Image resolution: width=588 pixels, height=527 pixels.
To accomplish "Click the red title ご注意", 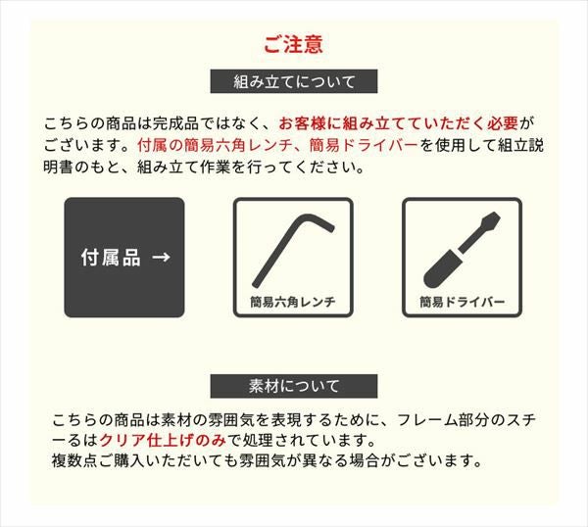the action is pyautogui.click(x=293, y=44).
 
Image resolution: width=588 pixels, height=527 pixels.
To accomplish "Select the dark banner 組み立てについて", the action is pyautogui.click(x=294, y=81).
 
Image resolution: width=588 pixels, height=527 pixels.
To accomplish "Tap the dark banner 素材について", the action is pyautogui.click(x=294, y=386).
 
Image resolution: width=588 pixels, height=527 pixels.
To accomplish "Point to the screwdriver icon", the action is pyautogui.click(x=462, y=250).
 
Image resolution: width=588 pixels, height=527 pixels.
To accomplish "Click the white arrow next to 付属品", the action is pyautogui.click(x=162, y=257).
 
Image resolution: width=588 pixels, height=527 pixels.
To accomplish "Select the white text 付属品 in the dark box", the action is pyautogui.click(x=111, y=257).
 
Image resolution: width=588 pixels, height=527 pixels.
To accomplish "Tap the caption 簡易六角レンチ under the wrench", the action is pyautogui.click(x=293, y=302).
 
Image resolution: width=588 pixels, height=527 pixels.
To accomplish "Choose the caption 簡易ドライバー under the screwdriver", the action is pyautogui.click(x=462, y=302).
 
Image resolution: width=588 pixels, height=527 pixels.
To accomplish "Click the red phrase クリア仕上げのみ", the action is pyautogui.click(x=163, y=440).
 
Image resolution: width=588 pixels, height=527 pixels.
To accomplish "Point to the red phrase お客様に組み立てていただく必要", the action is pyautogui.click(x=398, y=123).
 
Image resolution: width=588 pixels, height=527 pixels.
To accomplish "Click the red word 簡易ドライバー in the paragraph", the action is pyautogui.click(x=364, y=145).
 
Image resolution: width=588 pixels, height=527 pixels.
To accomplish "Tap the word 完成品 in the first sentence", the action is pyautogui.click(x=175, y=123).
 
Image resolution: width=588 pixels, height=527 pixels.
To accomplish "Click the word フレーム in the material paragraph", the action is pyautogui.click(x=427, y=420).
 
